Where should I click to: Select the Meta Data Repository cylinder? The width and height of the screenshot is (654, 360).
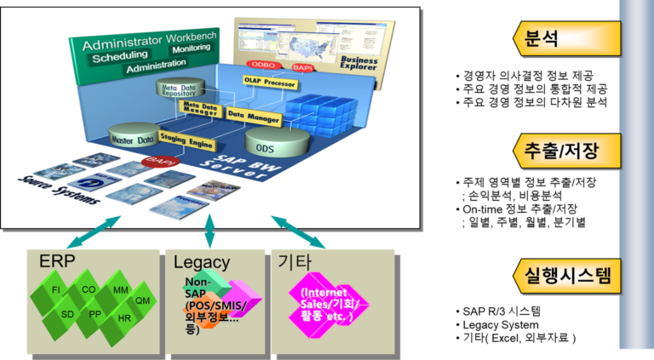click(x=176, y=88)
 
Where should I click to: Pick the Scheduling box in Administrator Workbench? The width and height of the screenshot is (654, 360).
click(x=120, y=57)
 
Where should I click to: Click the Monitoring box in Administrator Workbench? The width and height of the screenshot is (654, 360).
click(x=180, y=51)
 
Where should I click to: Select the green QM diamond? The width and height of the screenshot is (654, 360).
click(x=142, y=300)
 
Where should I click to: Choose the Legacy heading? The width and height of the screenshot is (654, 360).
click(x=201, y=262)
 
